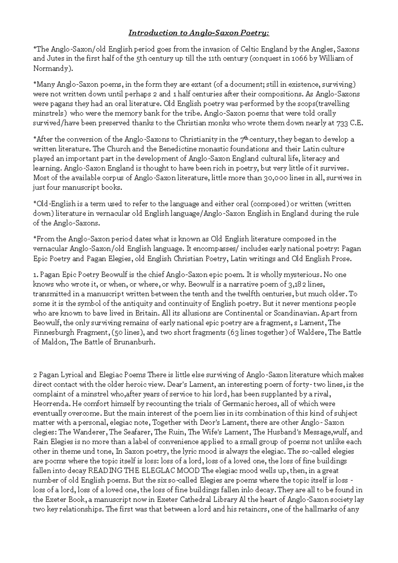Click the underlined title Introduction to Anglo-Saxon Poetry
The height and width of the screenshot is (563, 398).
click(x=199, y=33)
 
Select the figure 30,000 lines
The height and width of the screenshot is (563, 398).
click(x=275, y=178)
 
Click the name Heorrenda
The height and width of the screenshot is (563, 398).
click(x=51, y=404)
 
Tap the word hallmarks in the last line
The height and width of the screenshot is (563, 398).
click(x=326, y=509)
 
